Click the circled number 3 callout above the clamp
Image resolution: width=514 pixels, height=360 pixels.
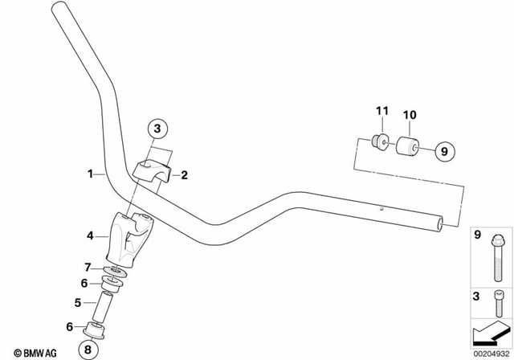tap(157, 128)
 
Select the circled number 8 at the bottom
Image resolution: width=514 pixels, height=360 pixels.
tap(88, 349)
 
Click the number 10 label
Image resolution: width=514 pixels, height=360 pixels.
tap(410, 115)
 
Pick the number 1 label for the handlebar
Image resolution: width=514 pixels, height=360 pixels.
tap(90, 173)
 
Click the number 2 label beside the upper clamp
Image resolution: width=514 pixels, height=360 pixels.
tap(184, 174)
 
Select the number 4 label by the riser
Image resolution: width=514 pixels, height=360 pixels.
tap(90, 236)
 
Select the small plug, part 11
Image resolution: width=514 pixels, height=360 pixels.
tap(381, 143)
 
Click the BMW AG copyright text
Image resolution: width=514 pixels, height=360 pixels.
tap(31, 352)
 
